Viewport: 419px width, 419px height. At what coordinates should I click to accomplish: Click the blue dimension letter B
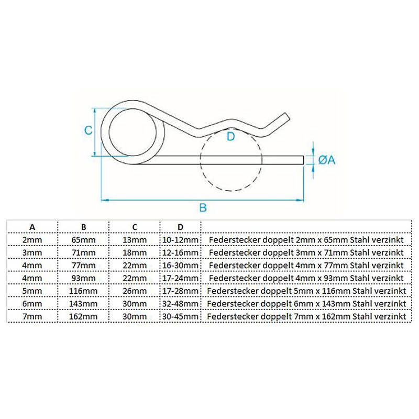(203, 208)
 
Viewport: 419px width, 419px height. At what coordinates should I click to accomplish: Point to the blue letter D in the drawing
(230, 137)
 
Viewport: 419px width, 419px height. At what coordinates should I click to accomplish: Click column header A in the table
(32, 227)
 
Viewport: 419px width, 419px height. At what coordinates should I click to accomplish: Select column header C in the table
(135, 227)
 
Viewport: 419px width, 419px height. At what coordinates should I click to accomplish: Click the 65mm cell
(83, 239)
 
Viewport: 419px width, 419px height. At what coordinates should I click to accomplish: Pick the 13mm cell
(135, 239)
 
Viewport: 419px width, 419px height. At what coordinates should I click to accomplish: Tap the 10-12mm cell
(180, 239)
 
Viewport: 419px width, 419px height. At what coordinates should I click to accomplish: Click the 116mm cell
(83, 290)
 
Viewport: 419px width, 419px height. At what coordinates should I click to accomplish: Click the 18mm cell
(135, 252)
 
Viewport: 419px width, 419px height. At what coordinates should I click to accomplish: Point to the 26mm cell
(135, 290)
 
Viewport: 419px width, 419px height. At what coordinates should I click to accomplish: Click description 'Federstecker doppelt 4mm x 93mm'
(306, 277)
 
